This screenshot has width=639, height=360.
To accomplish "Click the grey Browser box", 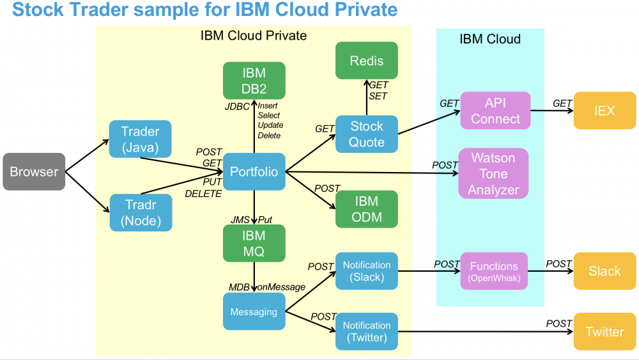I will (x=34, y=171).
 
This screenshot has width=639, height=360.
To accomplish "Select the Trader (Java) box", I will (x=140, y=139).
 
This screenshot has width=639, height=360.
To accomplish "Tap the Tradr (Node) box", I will (x=140, y=212).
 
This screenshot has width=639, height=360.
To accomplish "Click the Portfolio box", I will (x=254, y=171).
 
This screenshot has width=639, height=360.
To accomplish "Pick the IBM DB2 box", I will (x=254, y=81).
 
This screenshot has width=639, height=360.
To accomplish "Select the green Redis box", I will (x=367, y=61).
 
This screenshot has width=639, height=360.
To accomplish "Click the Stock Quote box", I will (x=367, y=134).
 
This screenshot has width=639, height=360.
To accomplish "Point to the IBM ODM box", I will (x=367, y=208).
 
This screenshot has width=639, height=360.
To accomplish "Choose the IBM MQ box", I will (x=254, y=244).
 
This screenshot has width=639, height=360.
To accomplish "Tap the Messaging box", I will (x=254, y=312).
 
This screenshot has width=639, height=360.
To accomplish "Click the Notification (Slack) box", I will (x=367, y=271).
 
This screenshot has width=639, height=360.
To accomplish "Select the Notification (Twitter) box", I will (x=367, y=331).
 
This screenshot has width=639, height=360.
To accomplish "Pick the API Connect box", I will (x=495, y=111).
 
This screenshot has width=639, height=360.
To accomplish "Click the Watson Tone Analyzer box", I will (x=493, y=173).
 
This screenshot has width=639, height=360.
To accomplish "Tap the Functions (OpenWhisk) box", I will (x=494, y=271).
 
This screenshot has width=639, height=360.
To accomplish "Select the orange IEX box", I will (x=604, y=111).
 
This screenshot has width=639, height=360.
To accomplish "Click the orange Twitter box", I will (x=604, y=331).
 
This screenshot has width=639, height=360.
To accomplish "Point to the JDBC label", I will (x=236, y=107).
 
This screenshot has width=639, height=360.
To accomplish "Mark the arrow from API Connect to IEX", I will (x=551, y=111).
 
